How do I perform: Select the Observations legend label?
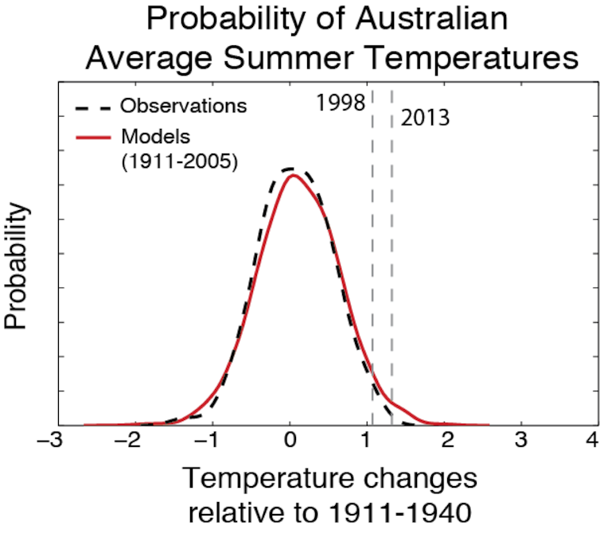click(183, 106)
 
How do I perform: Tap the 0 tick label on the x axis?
click(291, 441)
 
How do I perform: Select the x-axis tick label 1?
click(368, 441)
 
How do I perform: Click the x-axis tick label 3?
click(521, 441)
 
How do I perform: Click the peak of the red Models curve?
click(292, 175)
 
